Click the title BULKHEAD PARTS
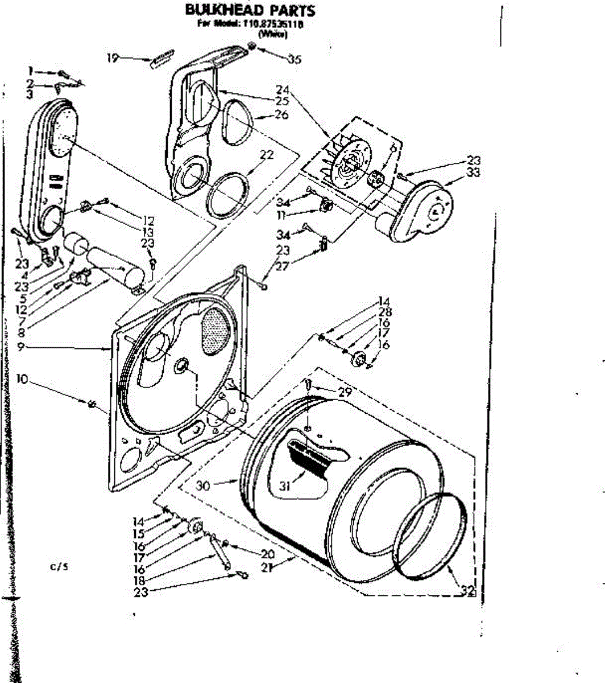coord(250,10)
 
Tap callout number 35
coord(294,59)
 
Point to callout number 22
coord(267,155)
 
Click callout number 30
coord(203,485)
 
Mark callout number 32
coord(467,591)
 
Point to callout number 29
coord(345,392)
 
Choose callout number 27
coord(283,266)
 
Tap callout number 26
coord(281,115)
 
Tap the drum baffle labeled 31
coord(310,455)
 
